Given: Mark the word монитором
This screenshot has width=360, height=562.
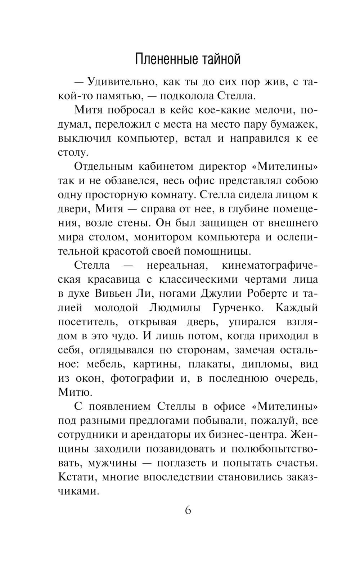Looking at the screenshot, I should [x=173, y=237].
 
